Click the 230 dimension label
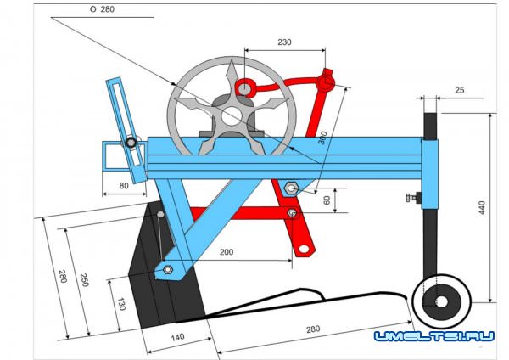[x=284, y=42]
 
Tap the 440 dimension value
[x=482, y=208]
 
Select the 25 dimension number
[x=459, y=90]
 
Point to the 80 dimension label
[x=124, y=186]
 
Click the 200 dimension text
[x=227, y=252]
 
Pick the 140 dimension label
[x=177, y=337]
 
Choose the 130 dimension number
[x=121, y=304]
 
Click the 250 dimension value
[x=84, y=280]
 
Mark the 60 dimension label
[x=327, y=200]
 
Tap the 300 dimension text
[x=322, y=138]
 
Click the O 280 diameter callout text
[x=102, y=9]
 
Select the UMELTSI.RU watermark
[x=434, y=336]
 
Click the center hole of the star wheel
[x=232, y=117]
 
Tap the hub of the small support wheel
[x=441, y=301]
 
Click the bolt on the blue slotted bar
[x=131, y=143]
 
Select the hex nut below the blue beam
[x=291, y=188]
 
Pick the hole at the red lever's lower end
[x=304, y=249]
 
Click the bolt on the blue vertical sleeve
[x=413, y=197]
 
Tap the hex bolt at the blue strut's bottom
[x=167, y=269]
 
